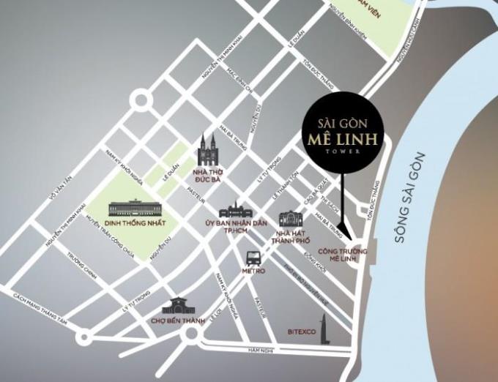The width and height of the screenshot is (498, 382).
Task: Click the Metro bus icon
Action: tap(253, 258)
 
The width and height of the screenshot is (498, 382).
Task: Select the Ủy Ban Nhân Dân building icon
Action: tap(239, 209)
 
